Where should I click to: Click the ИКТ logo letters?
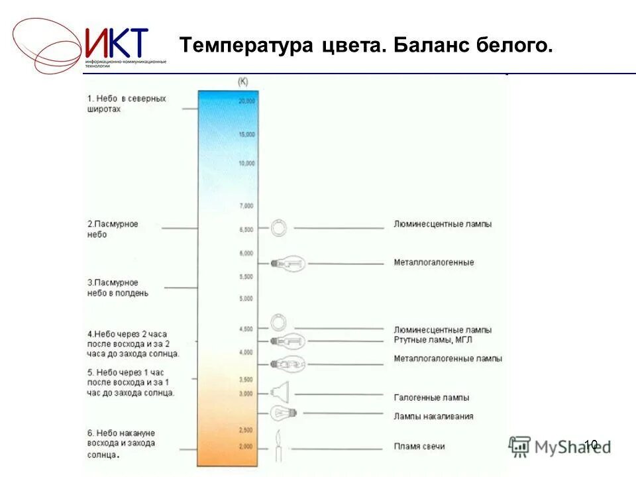pyautogui.click(x=117, y=43)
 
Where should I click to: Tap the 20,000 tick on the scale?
pyautogui.click(x=246, y=101)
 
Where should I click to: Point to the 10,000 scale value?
pyautogui.click(x=246, y=163)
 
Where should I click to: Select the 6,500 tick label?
pyautogui.click(x=246, y=229)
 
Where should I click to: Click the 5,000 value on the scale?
pyautogui.click(x=246, y=299)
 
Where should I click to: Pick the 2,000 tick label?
pyautogui.click(x=246, y=447)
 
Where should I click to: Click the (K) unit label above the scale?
pyautogui.click(x=242, y=81)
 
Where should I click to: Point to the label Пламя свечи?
pyautogui.click(x=419, y=446)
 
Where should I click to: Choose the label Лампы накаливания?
pyautogui.click(x=433, y=416)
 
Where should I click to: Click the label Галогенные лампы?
pyautogui.click(x=431, y=397)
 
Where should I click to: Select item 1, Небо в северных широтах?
pyautogui.click(x=126, y=103)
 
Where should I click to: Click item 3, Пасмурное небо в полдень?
pyautogui.click(x=117, y=288)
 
